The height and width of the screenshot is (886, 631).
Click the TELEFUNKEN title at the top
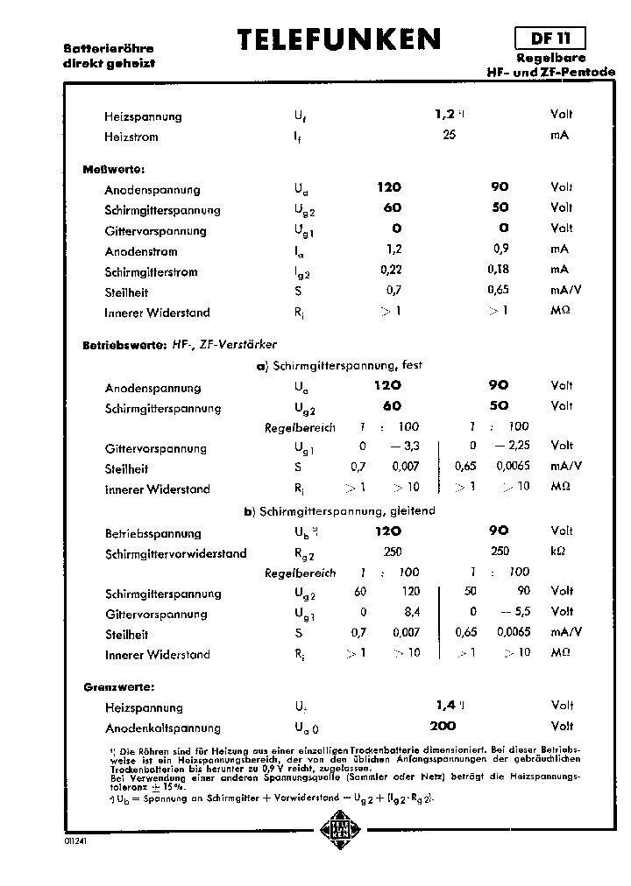point(340,40)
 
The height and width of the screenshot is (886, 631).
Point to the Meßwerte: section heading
point(113,168)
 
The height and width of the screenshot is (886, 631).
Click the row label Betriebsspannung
point(152,533)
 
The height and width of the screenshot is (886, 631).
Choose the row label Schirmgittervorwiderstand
point(175,553)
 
